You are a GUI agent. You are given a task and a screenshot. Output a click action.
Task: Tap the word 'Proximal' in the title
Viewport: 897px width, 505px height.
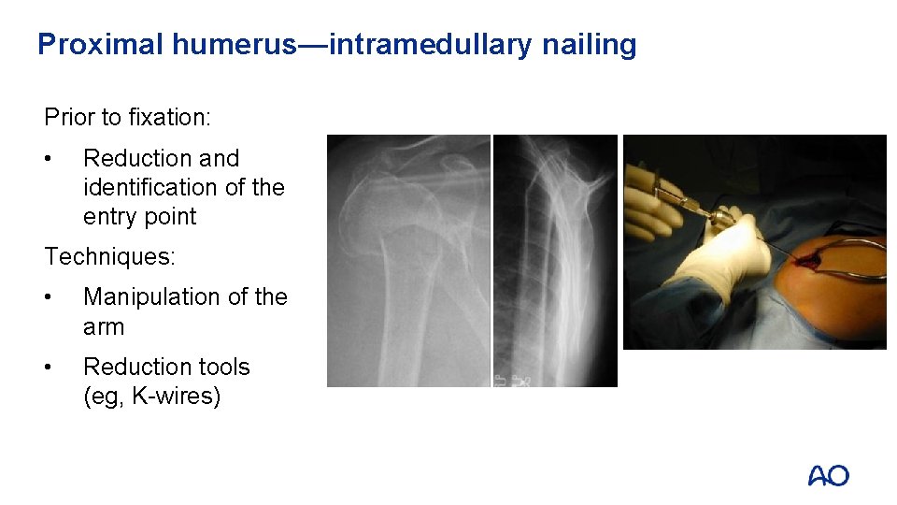coord(100,44)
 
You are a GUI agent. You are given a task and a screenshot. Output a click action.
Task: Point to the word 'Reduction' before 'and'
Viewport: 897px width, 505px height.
coord(135,158)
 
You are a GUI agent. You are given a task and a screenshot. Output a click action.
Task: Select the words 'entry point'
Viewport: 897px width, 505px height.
coord(140,216)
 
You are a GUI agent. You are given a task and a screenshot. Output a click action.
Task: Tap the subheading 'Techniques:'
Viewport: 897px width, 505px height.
coord(108,256)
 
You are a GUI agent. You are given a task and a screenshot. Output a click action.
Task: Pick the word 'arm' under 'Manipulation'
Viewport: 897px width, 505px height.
coord(103,326)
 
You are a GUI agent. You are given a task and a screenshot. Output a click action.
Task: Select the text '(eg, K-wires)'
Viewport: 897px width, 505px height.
coord(151,397)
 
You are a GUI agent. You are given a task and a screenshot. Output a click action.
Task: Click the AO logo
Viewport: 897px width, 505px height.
coord(829,476)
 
